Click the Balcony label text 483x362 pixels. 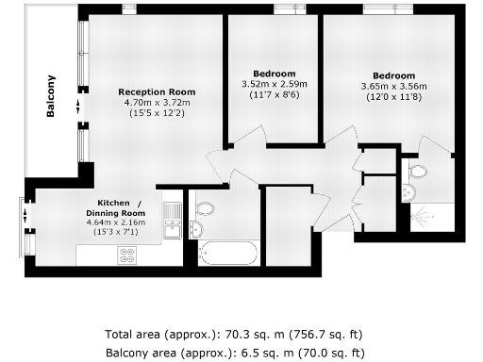pyautogui.click(x=51, y=95)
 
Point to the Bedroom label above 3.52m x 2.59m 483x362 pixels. pyautogui.click(x=275, y=74)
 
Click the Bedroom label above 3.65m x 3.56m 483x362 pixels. pyautogui.click(x=392, y=75)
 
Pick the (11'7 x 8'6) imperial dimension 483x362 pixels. pyautogui.click(x=275, y=95)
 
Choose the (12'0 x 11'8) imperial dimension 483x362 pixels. pyautogui.click(x=392, y=97)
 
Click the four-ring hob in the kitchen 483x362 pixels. pyautogui.click(x=125, y=254)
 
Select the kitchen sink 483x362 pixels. pyautogui.click(x=172, y=227)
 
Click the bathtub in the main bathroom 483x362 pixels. pyautogui.click(x=227, y=253)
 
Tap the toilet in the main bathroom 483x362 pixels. pyautogui.click(x=205, y=208)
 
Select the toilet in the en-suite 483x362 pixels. pyautogui.click(x=418, y=172)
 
